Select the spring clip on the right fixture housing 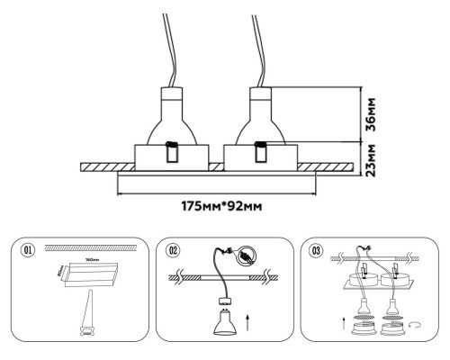tap(260, 153)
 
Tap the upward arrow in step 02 tap(249, 318)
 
